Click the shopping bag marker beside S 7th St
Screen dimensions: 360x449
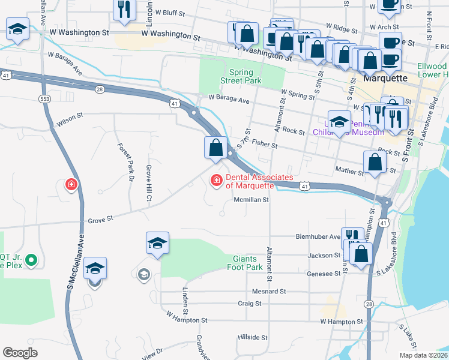coord(215,148)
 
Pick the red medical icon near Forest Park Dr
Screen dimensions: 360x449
coord(71,184)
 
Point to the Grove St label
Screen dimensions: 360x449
coord(101,220)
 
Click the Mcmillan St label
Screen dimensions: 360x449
coord(250,200)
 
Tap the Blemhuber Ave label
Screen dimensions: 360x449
coord(318,236)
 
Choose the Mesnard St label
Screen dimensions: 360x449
coord(268,292)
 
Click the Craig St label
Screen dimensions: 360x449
coord(249,304)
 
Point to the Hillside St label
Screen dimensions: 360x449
coord(252,337)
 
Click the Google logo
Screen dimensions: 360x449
coord(20,353)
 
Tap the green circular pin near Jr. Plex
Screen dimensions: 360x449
coord(32,260)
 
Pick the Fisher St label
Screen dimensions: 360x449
coord(265,144)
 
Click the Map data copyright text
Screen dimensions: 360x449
coord(423,355)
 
